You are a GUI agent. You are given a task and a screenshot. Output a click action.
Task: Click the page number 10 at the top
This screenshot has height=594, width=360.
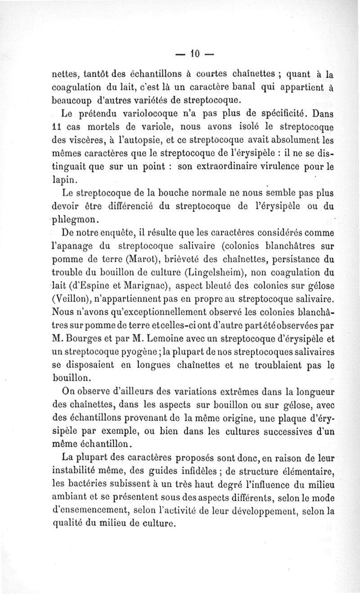tap(194, 54)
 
